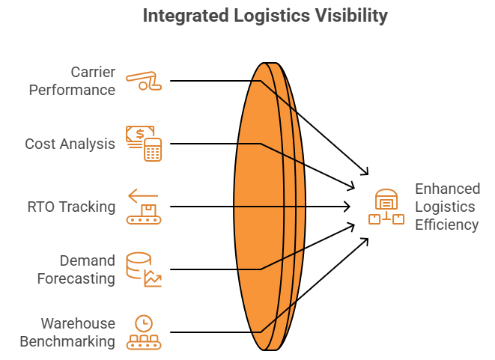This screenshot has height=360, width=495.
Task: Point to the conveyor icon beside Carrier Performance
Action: [144, 80]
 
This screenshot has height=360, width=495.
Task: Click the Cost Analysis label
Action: [70, 143]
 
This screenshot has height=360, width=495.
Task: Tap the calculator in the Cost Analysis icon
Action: [154, 150]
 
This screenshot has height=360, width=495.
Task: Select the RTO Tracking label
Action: [71, 207]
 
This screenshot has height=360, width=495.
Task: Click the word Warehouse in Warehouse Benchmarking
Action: [78, 323]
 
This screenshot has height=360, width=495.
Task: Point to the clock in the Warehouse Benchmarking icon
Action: [142, 323]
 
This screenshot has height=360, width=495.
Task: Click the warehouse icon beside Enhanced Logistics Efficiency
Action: [386, 207]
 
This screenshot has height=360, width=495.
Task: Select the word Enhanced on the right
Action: [448, 188]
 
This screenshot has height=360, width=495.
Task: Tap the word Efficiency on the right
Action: [447, 224]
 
